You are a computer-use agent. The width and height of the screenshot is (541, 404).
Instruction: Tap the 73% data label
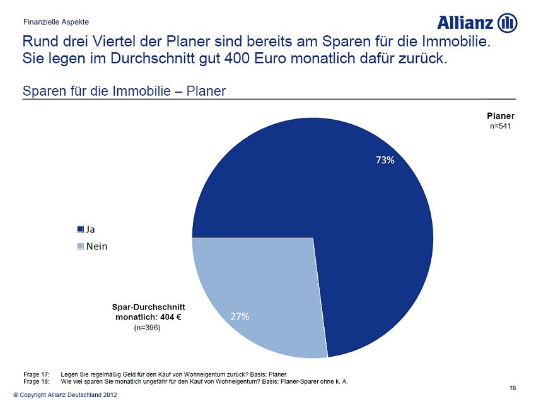tap(385, 160)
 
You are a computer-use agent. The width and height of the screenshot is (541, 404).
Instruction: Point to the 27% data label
tap(240, 316)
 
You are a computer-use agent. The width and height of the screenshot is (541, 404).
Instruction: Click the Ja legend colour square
tap(80, 229)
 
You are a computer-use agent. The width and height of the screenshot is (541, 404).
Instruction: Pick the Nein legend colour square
tap(80, 246)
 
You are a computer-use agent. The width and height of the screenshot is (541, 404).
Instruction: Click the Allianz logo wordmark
tap(465, 23)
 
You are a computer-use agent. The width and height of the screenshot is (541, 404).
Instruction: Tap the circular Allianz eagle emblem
tap(508, 23)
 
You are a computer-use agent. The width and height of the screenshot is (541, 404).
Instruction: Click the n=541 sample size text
tap(500, 126)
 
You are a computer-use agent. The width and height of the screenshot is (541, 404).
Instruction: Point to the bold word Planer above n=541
tap(500, 116)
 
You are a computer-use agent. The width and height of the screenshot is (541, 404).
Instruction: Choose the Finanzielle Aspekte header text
tap(56, 22)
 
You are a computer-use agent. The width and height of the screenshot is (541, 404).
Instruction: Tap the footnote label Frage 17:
tap(35, 374)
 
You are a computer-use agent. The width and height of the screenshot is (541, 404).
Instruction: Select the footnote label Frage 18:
tap(35, 381)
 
